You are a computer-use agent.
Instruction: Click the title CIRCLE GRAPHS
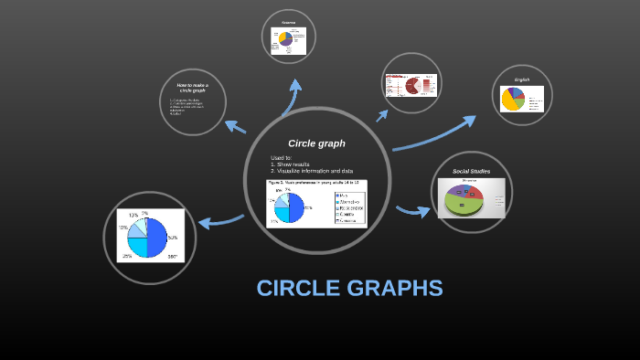349,288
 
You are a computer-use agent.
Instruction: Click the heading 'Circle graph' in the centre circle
316,143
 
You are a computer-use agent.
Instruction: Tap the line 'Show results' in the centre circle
292,164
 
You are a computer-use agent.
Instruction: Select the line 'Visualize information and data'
311,171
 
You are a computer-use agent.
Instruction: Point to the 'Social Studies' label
472,171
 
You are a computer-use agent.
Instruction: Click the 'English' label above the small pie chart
522,79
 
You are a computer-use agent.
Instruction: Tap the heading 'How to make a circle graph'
193,88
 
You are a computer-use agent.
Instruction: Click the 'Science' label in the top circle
289,22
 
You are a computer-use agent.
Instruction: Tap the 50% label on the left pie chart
172,237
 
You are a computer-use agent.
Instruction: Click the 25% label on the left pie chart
127,256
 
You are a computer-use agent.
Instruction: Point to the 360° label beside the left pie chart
172,257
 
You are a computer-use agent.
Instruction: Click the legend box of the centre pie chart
349,207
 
